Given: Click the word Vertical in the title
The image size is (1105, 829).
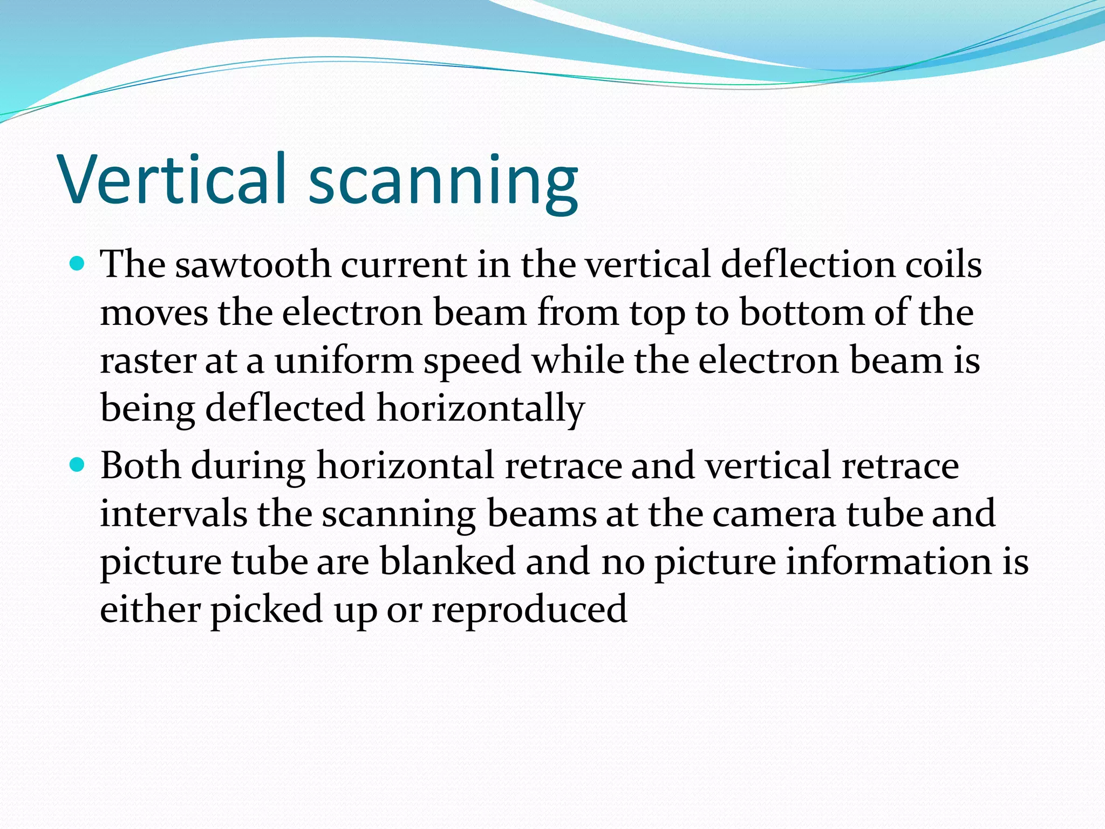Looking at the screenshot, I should [172, 179].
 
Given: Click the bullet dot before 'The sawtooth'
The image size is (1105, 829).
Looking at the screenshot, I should [78, 264].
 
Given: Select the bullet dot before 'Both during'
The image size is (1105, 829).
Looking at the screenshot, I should [78, 464].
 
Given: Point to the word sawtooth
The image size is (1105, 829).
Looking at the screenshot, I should [253, 265].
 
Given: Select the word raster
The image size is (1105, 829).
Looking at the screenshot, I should [147, 361].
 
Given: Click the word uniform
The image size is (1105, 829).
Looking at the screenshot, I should [344, 361].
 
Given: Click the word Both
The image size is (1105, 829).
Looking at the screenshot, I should [141, 465].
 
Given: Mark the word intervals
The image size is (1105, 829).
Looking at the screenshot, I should [173, 513].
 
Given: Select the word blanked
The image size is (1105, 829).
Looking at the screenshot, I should [448, 561].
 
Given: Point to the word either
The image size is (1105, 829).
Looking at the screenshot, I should [151, 608].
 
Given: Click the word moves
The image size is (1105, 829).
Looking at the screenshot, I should [154, 314].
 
